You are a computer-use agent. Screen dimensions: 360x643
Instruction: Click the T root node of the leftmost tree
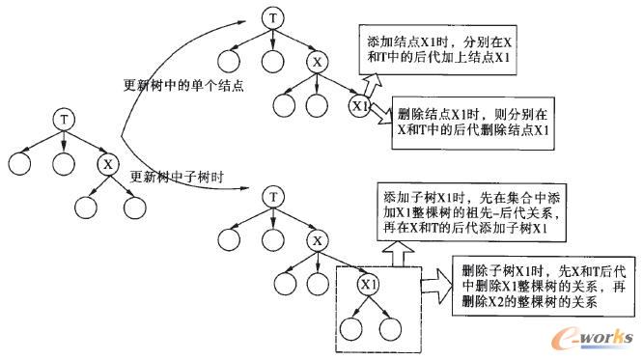(x=65, y=119)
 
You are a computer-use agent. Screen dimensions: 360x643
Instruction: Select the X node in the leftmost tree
(x=109, y=163)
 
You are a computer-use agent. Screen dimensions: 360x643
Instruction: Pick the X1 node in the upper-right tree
(x=360, y=104)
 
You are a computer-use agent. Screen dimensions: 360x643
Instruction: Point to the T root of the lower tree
(x=275, y=198)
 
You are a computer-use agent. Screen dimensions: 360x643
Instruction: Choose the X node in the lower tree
(x=318, y=241)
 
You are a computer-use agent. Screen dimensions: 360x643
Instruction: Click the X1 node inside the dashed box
(x=367, y=285)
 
